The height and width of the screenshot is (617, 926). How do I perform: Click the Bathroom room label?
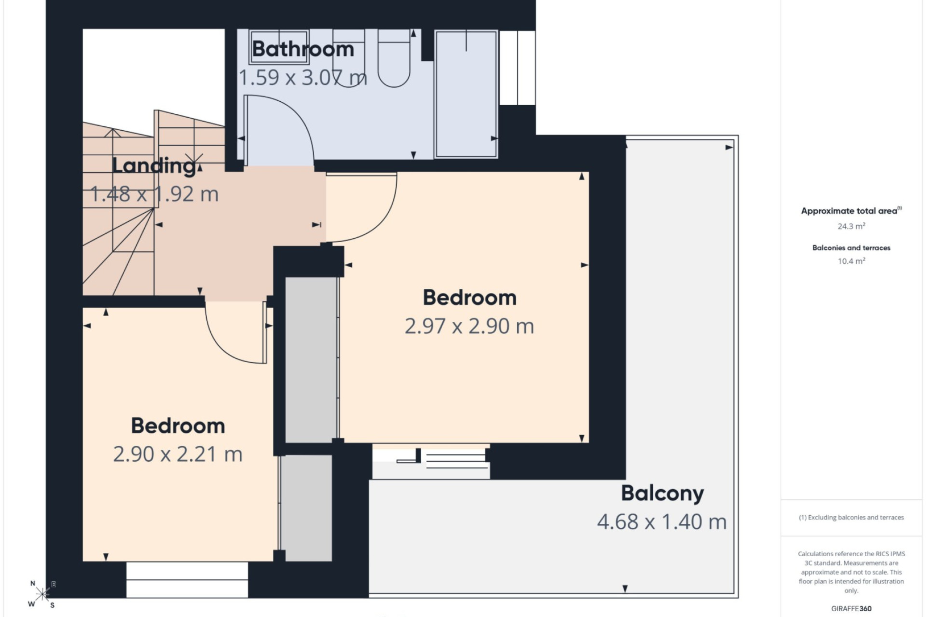coord(303,49)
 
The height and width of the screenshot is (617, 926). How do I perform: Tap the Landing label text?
coord(154,166)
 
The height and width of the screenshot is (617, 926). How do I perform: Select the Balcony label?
coord(662,494)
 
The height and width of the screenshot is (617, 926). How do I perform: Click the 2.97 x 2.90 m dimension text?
coord(469,326)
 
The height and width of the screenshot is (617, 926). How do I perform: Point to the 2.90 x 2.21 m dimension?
coord(177,454)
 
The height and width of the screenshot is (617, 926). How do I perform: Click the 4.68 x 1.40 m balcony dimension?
coord(662,522)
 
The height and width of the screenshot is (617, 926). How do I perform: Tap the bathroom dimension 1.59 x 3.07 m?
coord(303,78)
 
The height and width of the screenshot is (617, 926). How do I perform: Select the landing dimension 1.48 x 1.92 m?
coord(154,194)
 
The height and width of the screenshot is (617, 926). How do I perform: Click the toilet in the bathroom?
coord(394,58)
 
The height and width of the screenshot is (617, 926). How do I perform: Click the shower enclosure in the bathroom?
coord(466,94)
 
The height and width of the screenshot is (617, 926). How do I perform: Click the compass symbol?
coord(42,594)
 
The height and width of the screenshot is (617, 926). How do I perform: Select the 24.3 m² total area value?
coord(851,226)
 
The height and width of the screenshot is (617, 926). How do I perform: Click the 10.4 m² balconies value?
coord(851,261)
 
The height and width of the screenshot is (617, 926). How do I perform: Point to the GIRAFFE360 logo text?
coord(851,609)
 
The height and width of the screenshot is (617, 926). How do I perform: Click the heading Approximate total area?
coord(851,211)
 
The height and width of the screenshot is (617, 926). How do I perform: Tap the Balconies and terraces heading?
coord(851,248)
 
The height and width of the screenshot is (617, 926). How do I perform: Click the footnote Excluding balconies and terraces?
coord(851,518)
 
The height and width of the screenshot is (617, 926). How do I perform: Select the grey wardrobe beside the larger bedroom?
coord(311,360)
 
